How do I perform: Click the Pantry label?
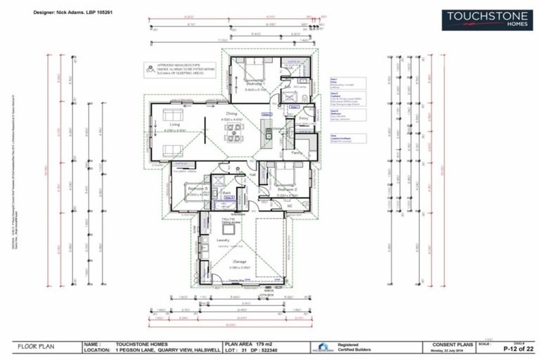tap(297, 151)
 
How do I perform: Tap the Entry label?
tap(303, 118)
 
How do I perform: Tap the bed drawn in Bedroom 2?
tap(284, 172)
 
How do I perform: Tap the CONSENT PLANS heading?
tap(444, 344)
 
